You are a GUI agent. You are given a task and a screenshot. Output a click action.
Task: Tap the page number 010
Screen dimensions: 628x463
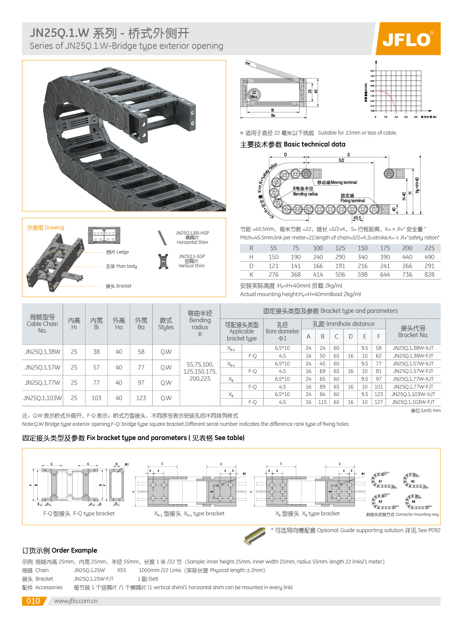point(33,601)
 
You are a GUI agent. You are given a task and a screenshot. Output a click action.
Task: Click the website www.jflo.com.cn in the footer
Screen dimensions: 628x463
point(76,601)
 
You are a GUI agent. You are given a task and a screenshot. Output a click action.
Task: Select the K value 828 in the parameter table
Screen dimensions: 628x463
point(429,274)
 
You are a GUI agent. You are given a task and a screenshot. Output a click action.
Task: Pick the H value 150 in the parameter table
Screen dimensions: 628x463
point(273,257)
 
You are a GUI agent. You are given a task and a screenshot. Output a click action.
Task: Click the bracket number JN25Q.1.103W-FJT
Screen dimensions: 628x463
point(413,402)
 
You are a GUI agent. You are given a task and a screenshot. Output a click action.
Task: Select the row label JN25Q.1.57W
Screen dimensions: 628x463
point(42,367)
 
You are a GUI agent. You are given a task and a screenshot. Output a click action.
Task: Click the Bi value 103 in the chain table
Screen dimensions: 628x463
point(96,398)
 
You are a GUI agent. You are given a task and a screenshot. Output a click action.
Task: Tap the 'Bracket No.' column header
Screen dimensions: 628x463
point(413,332)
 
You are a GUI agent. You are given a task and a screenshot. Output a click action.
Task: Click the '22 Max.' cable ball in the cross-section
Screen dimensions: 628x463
point(254,94)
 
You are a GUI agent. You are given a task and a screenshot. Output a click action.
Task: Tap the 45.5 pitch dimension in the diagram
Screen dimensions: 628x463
point(357,218)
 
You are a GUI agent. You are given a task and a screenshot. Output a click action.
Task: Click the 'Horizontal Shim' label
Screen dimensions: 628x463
point(192,242)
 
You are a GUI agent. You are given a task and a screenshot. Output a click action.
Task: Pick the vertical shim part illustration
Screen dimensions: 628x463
point(163,261)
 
